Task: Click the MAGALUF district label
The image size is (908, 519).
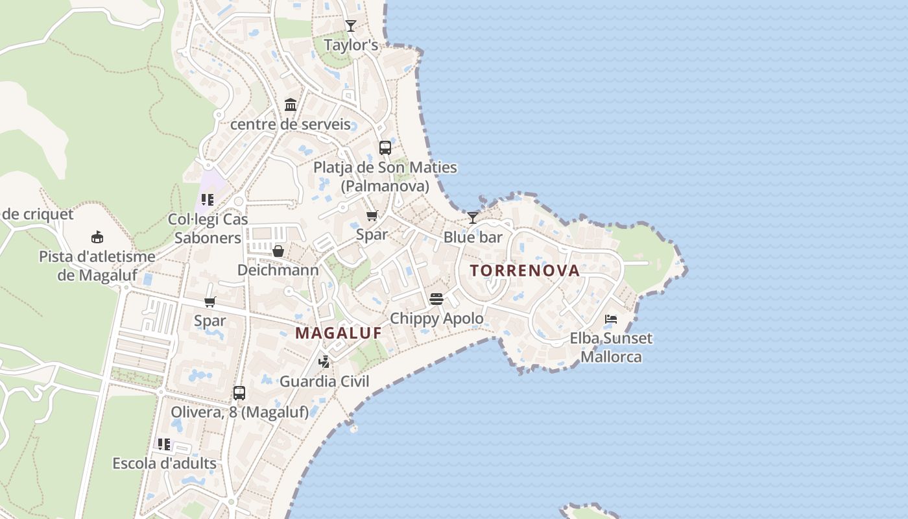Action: pos(339,333)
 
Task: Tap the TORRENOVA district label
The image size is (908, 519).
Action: pos(525,271)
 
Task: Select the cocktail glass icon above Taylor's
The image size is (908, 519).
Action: pos(351,26)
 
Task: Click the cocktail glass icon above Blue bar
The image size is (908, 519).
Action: pos(473,217)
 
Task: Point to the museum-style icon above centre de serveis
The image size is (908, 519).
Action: pos(291,104)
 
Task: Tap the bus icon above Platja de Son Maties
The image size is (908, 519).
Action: pos(385,147)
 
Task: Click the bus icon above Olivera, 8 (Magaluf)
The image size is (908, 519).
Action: pos(239,392)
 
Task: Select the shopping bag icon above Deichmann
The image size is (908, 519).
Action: pos(278,250)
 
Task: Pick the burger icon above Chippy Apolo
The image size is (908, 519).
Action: pos(436,299)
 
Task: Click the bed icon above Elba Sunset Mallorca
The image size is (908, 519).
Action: pos(611,319)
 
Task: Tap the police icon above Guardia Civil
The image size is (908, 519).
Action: pos(324,362)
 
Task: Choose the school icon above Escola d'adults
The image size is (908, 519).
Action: pos(164,444)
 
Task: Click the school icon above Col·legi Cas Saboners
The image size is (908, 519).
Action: pos(208,200)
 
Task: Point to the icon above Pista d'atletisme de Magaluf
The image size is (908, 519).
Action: pos(97,237)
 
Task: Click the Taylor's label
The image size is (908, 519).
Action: pos(351,45)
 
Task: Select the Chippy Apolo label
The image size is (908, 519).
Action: pos(436,319)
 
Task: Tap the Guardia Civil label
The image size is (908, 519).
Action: pos(324,381)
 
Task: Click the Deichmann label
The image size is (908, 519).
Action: pos(278,270)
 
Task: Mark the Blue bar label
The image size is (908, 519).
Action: pos(473,237)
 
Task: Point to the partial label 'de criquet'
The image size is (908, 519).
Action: pos(38,214)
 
